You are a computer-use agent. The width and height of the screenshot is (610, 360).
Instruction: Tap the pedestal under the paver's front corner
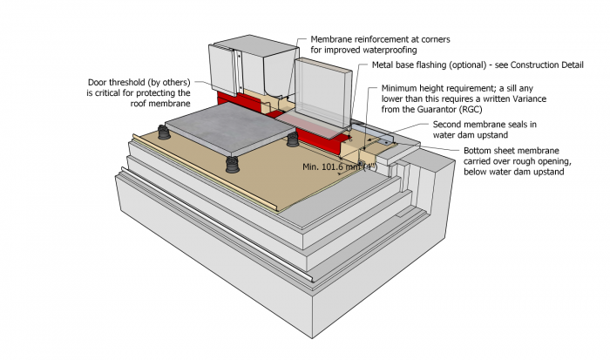232,166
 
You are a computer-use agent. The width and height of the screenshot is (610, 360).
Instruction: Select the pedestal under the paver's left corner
163,132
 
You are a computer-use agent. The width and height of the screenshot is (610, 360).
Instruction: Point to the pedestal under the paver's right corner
293,139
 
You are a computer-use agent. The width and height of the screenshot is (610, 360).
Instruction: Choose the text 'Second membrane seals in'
485,125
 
